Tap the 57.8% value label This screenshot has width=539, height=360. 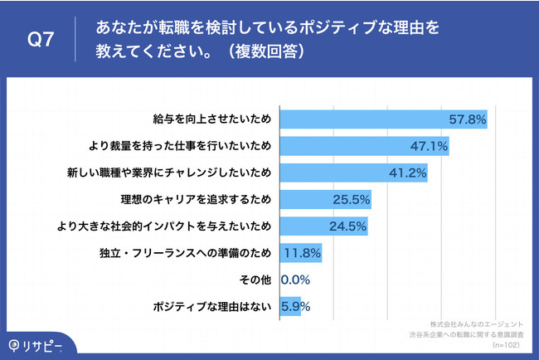(467, 119)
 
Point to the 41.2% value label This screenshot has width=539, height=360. (407, 173)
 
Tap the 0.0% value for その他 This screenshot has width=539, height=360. (296, 280)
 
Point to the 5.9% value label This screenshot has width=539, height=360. (296, 306)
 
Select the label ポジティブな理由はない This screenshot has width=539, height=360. (214, 306)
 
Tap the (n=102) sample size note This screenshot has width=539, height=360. (507, 342)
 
